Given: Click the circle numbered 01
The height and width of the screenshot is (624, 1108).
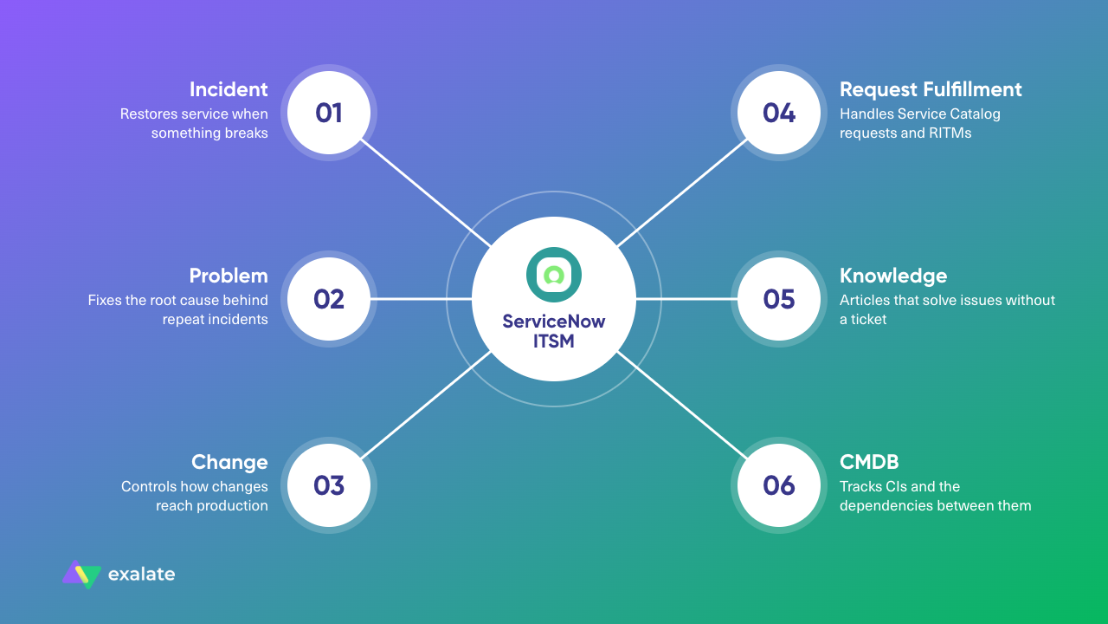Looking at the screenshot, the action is pyautogui.click(x=329, y=113).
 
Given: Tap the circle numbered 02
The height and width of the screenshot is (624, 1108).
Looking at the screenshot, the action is pyautogui.click(x=329, y=299).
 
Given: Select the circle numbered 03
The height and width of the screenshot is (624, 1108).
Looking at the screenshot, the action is pyautogui.click(x=329, y=485).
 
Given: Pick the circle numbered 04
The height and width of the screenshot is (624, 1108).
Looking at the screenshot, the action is pyautogui.click(x=779, y=113).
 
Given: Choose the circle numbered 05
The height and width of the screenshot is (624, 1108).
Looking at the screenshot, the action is pyautogui.click(x=779, y=299).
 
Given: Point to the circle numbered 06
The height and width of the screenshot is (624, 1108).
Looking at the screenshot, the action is pyautogui.click(x=779, y=485).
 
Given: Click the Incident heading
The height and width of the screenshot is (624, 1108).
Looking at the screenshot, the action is pyautogui.click(x=229, y=89).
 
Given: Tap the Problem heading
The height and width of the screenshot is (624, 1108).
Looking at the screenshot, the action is pyautogui.click(x=229, y=276).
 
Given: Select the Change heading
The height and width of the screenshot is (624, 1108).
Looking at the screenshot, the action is pyautogui.click(x=229, y=463).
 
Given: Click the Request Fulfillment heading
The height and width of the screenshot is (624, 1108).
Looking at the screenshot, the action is pyautogui.click(x=931, y=89).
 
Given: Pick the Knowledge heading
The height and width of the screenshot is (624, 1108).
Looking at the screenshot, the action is pyautogui.click(x=893, y=276).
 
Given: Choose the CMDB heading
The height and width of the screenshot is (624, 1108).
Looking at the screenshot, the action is pyautogui.click(x=869, y=462).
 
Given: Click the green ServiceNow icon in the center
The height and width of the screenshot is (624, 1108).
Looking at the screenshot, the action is pyautogui.click(x=553, y=275).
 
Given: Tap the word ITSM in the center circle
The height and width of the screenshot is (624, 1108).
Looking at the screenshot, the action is pyautogui.click(x=553, y=341).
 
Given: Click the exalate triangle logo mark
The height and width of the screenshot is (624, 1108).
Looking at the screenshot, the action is pyautogui.click(x=81, y=575).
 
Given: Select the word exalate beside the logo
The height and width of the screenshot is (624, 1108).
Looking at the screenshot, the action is pyautogui.click(x=141, y=575).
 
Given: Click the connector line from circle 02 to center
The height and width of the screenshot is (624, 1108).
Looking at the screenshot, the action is pyautogui.click(x=421, y=299).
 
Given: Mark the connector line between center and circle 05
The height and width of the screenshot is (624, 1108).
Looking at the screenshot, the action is pyautogui.click(x=687, y=299).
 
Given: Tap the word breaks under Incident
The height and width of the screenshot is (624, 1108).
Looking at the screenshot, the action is pyautogui.click(x=247, y=133).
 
